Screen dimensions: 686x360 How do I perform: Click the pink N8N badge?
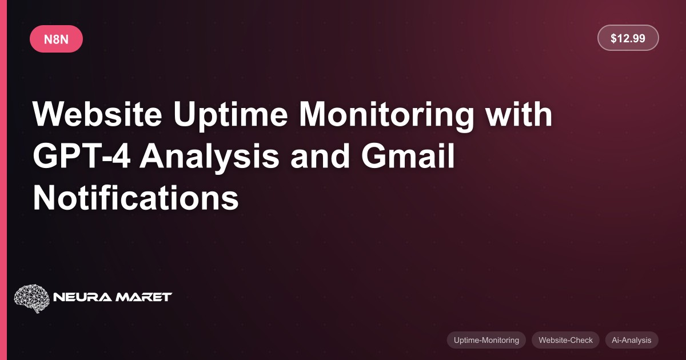(57, 39)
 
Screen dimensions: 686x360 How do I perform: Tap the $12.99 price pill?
(628, 38)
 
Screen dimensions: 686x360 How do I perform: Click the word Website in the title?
(97, 114)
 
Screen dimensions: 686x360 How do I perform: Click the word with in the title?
(519, 114)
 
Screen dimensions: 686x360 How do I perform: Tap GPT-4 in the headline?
(82, 156)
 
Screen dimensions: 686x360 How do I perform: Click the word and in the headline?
(320, 156)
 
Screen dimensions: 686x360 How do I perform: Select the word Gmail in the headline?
(408, 156)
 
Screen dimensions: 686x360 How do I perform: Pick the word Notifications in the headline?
(135, 198)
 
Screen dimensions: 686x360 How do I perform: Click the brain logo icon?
(32, 298)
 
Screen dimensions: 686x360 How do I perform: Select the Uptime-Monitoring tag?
(486, 340)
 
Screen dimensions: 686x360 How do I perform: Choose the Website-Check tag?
(565, 340)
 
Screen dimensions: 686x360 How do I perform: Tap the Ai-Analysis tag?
(632, 340)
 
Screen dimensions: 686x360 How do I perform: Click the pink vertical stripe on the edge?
(3, 180)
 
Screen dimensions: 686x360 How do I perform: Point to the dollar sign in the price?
(613, 38)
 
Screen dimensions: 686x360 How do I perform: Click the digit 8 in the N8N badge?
(56, 39)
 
